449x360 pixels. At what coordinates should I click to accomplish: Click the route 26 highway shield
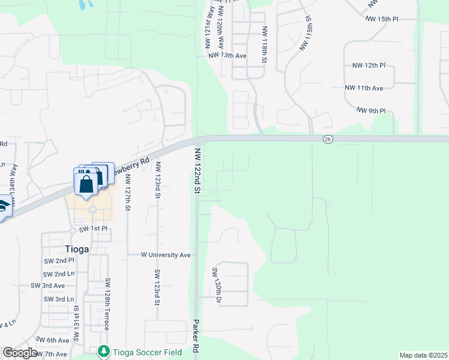tap(327, 139)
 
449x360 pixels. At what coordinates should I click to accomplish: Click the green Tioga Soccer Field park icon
tap(104, 350)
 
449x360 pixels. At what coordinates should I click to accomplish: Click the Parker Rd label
tap(196, 336)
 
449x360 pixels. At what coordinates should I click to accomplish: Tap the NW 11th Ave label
tap(364, 88)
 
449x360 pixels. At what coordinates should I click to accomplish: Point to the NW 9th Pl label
tap(371, 111)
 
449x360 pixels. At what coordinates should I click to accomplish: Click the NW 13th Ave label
tap(228, 55)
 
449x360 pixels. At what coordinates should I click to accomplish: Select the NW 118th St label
tap(264, 45)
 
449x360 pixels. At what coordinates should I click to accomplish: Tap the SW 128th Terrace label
tap(107, 304)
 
